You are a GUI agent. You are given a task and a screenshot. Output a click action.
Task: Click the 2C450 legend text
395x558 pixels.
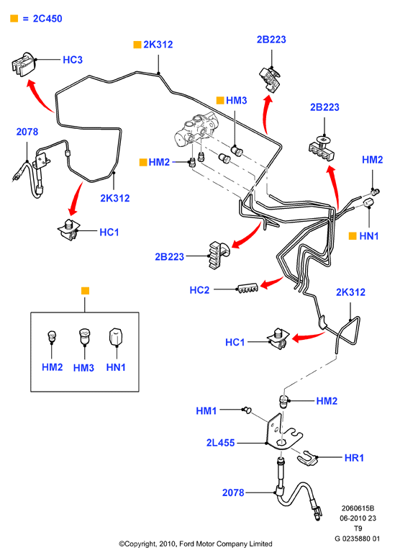(x=47, y=19)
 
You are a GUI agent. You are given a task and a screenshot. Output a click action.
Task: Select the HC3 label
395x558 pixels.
(x=73, y=60)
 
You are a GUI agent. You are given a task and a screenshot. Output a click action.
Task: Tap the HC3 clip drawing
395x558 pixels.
(x=23, y=64)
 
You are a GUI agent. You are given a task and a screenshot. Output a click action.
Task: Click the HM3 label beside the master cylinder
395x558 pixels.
(x=237, y=100)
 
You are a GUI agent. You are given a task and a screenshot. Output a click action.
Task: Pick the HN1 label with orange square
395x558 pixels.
(x=368, y=236)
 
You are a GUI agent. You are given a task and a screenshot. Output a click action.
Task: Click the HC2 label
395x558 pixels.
(x=199, y=290)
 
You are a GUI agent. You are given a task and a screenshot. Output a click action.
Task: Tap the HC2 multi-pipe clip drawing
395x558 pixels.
(x=248, y=289)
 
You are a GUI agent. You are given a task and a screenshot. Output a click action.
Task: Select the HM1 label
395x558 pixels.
(x=206, y=411)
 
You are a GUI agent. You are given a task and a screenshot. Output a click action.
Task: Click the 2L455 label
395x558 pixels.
(x=220, y=443)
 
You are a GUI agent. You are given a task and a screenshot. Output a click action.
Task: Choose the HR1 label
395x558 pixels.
(x=354, y=458)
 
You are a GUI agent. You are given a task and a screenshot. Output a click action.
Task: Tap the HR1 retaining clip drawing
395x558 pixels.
(x=307, y=458)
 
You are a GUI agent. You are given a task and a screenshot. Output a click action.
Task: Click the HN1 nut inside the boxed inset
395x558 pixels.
(x=116, y=337)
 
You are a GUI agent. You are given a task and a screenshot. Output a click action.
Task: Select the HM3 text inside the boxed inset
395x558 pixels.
(x=83, y=368)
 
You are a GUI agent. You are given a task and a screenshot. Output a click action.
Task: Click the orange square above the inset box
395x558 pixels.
(x=85, y=291)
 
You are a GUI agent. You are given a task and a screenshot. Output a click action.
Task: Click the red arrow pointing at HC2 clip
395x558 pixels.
(x=272, y=283)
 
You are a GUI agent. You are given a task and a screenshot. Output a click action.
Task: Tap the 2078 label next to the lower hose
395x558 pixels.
(x=233, y=493)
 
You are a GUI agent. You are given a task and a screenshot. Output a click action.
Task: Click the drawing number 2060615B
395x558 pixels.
(x=358, y=508)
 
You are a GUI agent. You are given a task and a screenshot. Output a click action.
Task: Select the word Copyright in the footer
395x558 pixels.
(x=140, y=544)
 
